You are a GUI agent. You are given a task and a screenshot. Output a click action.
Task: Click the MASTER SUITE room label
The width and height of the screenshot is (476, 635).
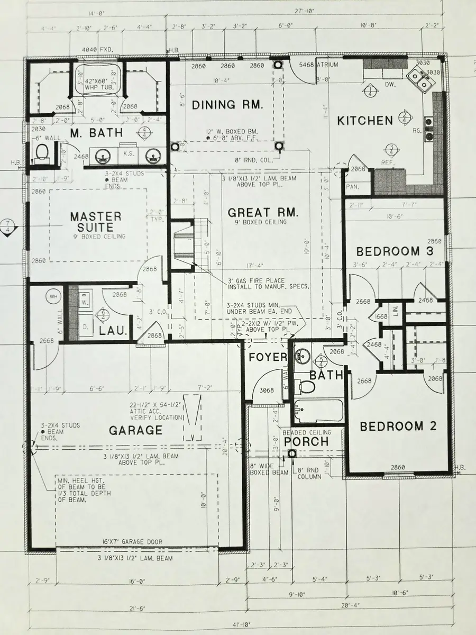(96, 222)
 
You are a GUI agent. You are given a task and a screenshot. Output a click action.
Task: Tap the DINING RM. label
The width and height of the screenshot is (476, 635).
(227, 105)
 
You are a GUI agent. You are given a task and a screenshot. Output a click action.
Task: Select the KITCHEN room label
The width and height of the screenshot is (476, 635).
(365, 121)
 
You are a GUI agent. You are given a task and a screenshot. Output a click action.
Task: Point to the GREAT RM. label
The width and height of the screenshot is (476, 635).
(263, 213)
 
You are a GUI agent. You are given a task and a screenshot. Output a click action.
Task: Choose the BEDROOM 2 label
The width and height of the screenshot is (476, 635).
(398, 426)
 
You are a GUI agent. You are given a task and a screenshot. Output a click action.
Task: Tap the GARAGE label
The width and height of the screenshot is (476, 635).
(135, 430)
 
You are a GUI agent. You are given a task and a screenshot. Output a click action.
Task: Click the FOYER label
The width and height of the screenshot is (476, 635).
(268, 357)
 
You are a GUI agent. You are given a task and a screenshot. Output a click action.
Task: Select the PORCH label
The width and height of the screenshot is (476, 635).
(306, 441)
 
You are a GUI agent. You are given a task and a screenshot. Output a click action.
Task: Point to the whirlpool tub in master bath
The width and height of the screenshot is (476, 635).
(96, 79)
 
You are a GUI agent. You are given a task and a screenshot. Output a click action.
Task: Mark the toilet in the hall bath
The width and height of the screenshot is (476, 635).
(306, 385)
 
